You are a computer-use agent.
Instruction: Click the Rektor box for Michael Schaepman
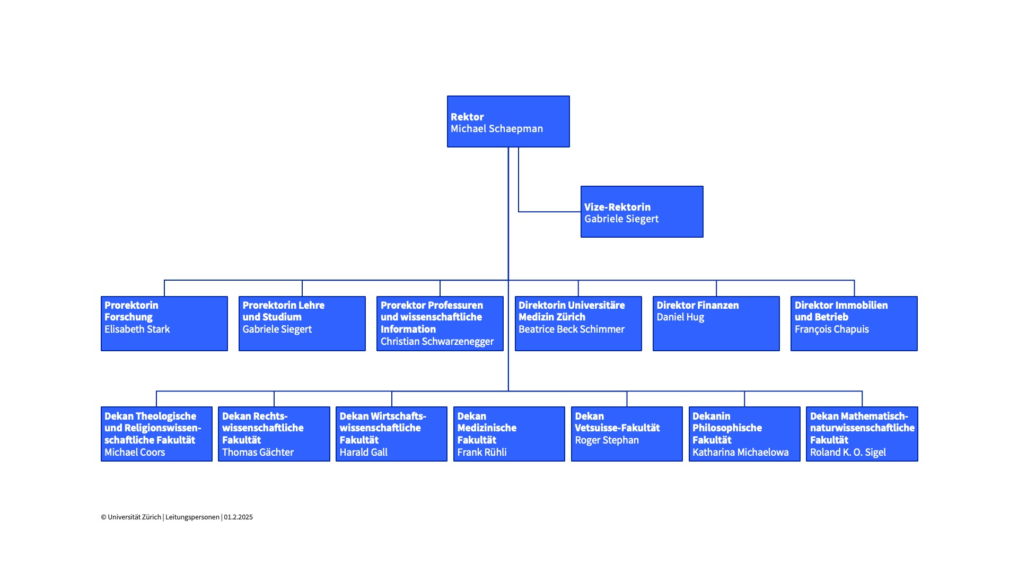coord(508,121)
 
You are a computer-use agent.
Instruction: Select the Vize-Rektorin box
coord(642,212)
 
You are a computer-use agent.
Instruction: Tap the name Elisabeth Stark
coord(137,329)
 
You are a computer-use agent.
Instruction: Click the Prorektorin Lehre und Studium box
coord(302,324)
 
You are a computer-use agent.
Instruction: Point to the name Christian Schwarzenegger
coord(437,342)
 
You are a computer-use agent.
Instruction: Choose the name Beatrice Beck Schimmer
coord(572,329)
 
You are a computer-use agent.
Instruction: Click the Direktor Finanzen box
coord(716,324)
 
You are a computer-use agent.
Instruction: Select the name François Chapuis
coord(831,329)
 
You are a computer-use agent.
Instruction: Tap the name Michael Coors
coord(135,452)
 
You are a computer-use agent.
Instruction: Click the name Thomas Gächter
coord(258,452)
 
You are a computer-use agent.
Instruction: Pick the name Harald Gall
coord(364,452)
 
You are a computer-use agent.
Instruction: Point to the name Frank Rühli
coord(482,452)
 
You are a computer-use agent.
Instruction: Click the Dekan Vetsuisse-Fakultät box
coord(627,434)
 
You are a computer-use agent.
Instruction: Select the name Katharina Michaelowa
coord(741,452)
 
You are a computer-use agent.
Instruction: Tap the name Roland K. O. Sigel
coord(848,453)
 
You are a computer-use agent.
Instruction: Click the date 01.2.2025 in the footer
coord(238,517)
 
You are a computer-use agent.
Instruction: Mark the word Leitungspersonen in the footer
coord(192,517)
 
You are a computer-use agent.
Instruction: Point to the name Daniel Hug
coord(680,317)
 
